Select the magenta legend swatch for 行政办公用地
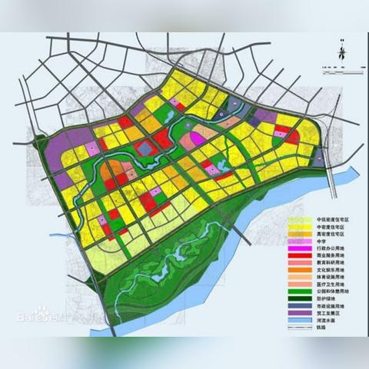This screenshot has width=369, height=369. tap(300, 249)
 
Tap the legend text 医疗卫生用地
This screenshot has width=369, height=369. tap(332, 284)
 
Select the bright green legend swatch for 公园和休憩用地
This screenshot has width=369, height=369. tap(300, 292)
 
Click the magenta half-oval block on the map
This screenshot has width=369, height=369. tap(198, 138)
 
